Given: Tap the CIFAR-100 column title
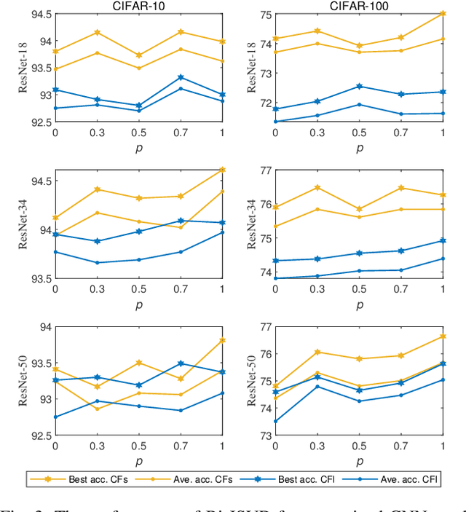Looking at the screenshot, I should [x=358, y=6].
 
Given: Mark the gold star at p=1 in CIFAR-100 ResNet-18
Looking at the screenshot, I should [x=443, y=13].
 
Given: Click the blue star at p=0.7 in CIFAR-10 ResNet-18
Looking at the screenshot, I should [x=181, y=77].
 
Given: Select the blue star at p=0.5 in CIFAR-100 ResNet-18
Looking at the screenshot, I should [x=359, y=86].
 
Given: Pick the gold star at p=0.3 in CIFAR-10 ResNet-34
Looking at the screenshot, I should [x=97, y=189].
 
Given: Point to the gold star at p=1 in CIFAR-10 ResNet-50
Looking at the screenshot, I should [x=223, y=340].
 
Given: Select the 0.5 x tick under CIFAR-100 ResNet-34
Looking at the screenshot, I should [x=359, y=289].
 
